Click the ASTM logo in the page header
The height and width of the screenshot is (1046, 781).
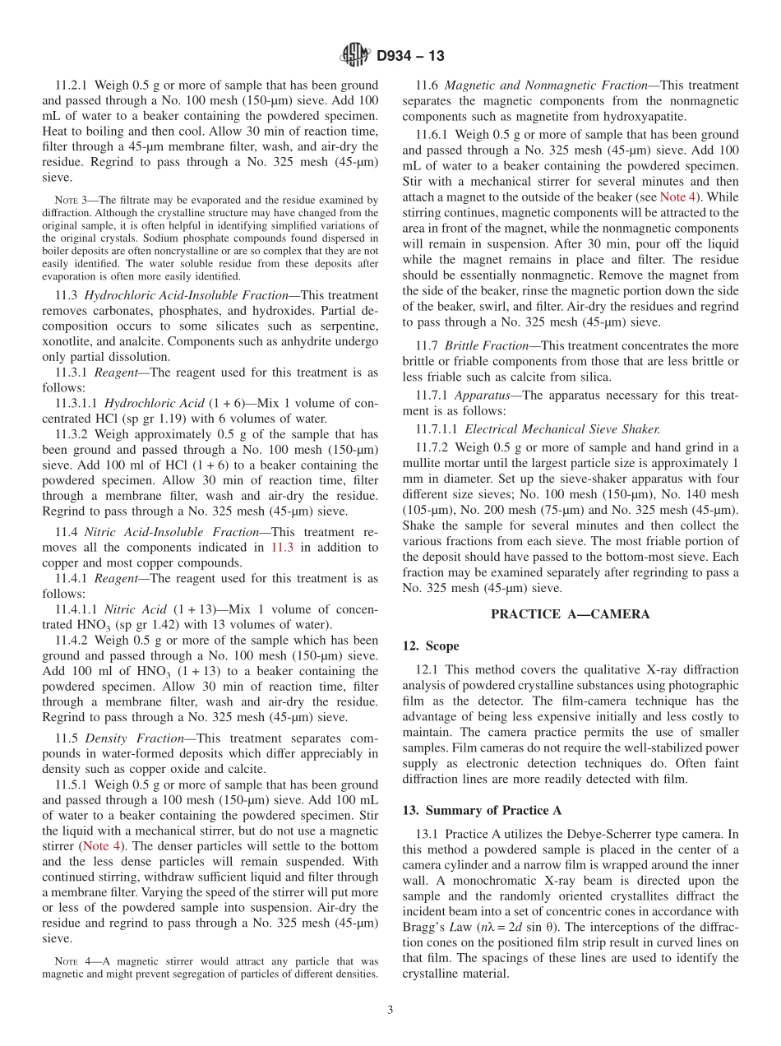[x=355, y=55]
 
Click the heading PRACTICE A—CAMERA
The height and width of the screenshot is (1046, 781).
[x=570, y=614]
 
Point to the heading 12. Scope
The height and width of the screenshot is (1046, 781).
[x=431, y=646]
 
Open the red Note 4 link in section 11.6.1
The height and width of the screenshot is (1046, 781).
[x=677, y=197]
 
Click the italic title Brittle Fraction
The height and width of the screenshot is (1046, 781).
[x=489, y=346]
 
